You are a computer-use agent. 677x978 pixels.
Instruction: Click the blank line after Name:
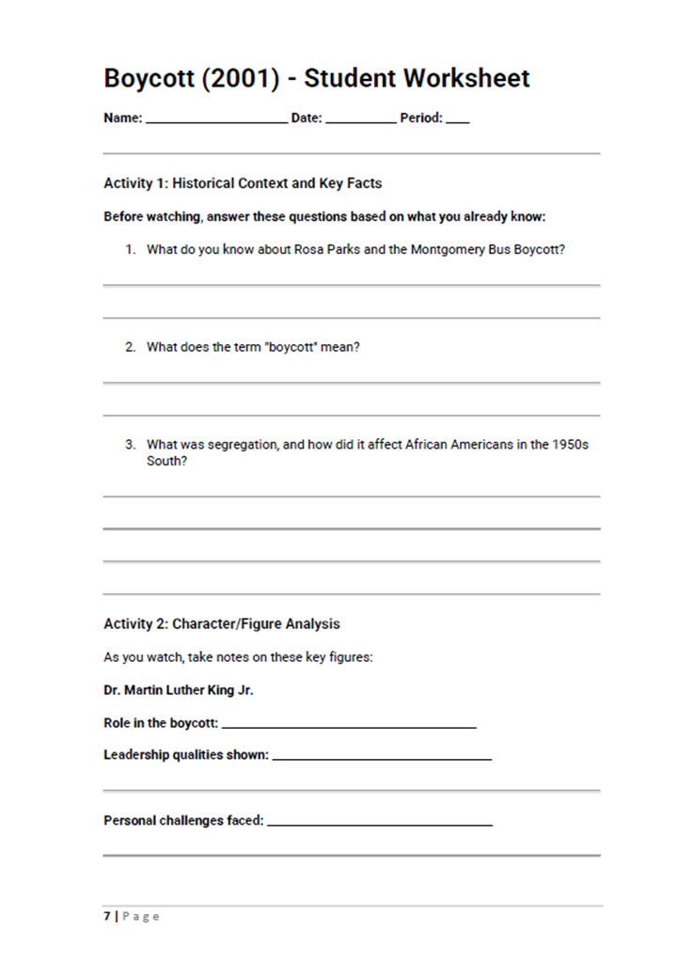coord(217,120)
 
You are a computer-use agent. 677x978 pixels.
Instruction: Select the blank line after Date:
coord(361,120)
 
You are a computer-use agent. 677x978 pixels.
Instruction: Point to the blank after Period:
coord(458,120)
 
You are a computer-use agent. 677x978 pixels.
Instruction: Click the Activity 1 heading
coord(243,183)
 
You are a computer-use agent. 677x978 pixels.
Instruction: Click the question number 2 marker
coord(131,347)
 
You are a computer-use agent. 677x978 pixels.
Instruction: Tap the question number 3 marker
coord(131,445)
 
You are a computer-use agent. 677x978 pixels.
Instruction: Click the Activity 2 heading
coord(222,623)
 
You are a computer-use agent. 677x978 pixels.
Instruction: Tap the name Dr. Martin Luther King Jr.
coord(179,690)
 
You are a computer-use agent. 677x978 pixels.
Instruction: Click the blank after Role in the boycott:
coord(349,725)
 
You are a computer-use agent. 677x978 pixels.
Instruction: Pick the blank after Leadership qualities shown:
coord(382,757)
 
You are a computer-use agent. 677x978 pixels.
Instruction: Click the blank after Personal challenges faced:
coord(380,823)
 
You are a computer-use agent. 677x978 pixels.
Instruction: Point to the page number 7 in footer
coord(107,917)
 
